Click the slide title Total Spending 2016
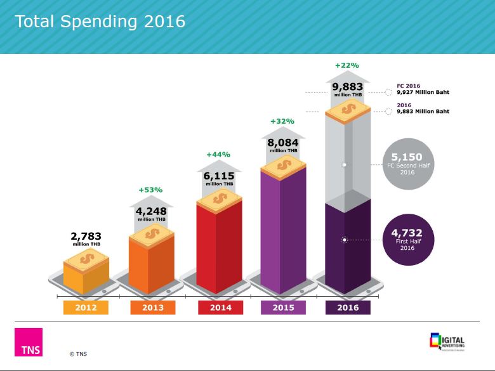tap(100, 22)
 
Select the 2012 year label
tap(86, 308)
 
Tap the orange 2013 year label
tap(153, 308)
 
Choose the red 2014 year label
tap(220, 308)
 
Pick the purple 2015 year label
tap(283, 308)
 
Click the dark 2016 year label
tap(348, 308)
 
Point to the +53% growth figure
tap(150, 190)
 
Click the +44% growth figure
tap(218, 154)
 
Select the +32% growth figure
tap(282, 121)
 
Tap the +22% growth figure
tap(347, 65)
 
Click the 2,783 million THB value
tap(86, 238)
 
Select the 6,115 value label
tap(218, 176)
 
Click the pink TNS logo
tap(29, 342)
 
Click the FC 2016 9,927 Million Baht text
tap(423, 89)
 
